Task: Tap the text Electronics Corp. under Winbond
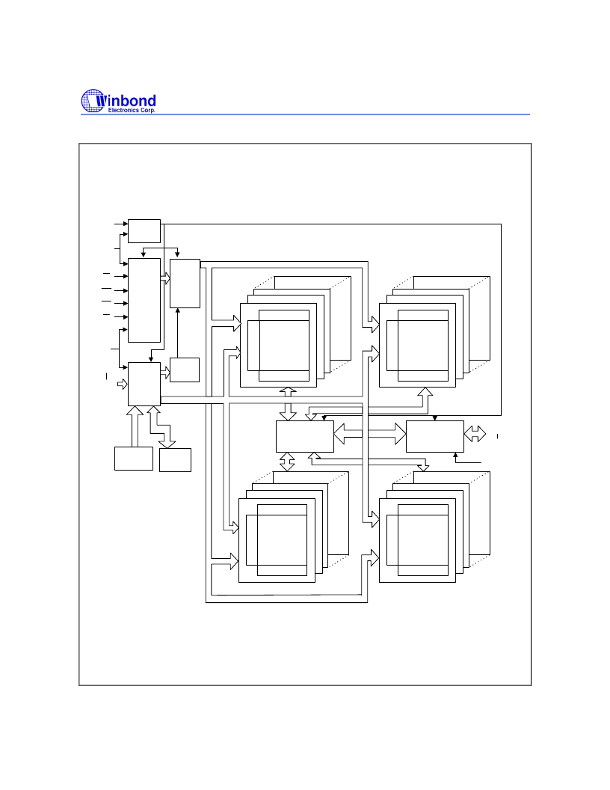(132, 110)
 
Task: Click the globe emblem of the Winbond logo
(93, 101)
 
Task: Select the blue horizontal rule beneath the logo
(305, 114)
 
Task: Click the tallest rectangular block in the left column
(144, 300)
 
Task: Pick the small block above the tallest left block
(144, 230)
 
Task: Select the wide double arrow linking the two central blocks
(369, 434)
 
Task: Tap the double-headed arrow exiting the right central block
(475, 434)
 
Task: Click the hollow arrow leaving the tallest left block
(165, 278)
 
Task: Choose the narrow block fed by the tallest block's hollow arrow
(185, 284)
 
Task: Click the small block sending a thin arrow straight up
(185, 370)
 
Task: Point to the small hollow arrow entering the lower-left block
(123, 385)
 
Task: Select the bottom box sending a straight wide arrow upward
(133, 459)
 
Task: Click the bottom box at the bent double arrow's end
(175, 460)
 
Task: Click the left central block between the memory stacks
(304, 436)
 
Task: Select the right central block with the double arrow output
(435, 436)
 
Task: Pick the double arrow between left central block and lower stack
(287, 462)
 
